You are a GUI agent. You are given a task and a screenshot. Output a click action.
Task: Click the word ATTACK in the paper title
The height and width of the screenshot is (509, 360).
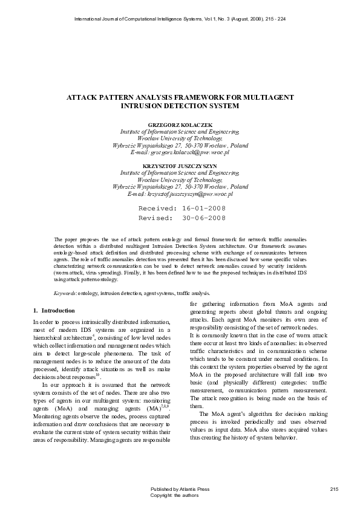(x=83, y=97)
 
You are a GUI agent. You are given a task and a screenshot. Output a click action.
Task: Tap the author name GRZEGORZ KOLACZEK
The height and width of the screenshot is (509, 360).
(x=180, y=125)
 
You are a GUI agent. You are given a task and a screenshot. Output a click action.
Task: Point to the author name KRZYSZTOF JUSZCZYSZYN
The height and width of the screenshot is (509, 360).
(x=180, y=165)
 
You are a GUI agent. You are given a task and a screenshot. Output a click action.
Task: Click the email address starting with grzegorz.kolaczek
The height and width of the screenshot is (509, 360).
(x=180, y=153)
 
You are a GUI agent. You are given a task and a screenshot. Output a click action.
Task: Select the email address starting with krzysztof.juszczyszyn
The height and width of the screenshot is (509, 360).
(x=180, y=194)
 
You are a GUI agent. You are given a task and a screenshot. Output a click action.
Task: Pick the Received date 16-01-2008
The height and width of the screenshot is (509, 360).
(x=200, y=207)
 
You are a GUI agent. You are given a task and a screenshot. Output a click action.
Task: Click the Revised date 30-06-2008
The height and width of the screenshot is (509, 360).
(x=200, y=218)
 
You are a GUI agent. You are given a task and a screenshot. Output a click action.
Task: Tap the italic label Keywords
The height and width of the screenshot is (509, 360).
(x=65, y=292)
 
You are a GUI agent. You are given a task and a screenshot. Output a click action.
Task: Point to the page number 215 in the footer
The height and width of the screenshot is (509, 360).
(x=335, y=488)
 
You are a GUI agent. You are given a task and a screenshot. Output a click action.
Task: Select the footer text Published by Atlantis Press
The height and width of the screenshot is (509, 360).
(x=180, y=488)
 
